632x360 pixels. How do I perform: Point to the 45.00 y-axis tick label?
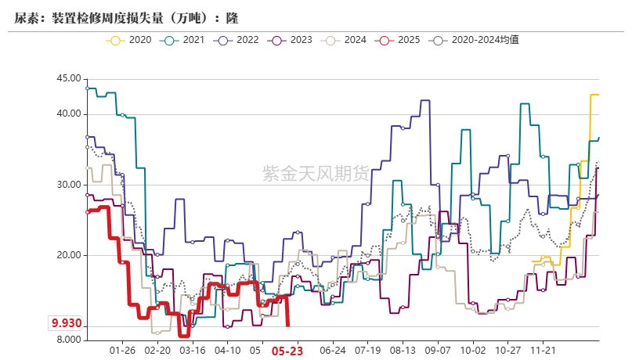pyautogui.click(x=69, y=78)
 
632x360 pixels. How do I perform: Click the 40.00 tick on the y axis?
pyautogui.click(x=69, y=113)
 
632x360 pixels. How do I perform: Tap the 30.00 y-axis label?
pyautogui.click(x=69, y=185)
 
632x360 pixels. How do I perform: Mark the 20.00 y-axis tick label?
pyautogui.click(x=69, y=255)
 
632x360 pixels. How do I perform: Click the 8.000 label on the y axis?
pyautogui.click(x=69, y=340)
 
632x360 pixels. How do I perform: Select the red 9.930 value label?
pyautogui.click(x=67, y=323)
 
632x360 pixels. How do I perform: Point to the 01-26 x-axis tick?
pyautogui.click(x=122, y=351)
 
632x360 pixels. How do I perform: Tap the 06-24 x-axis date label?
pyautogui.click(x=333, y=351)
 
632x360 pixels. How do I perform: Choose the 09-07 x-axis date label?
pyautogui.click(x=438, y=351)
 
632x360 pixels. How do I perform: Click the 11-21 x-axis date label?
pyautogui.click(x=544, y=351)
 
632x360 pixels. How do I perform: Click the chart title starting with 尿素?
pyautogui.click(x=126, y=16)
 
